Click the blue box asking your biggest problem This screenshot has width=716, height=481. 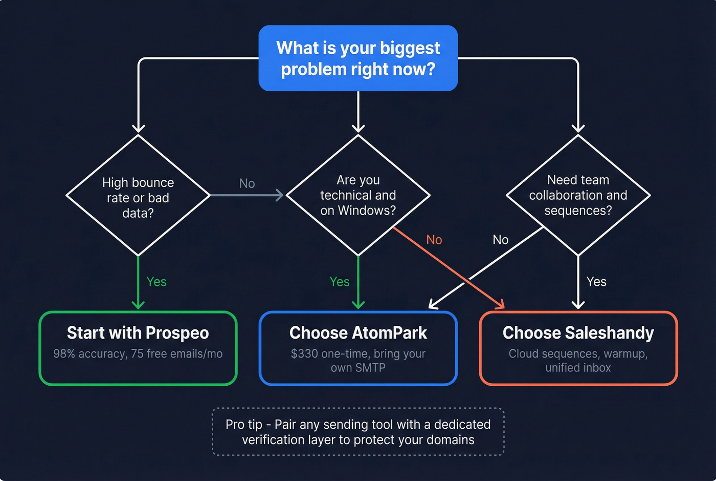(358, 58)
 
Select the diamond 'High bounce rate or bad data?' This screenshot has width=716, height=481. (138, 197)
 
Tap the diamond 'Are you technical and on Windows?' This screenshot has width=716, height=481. (358, 195)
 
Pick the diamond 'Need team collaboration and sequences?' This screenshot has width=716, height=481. (578, 195)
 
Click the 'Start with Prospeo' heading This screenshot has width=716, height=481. (138, 333)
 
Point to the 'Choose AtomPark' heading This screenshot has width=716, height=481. (358, 333)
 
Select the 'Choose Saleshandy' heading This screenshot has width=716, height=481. (578, 333)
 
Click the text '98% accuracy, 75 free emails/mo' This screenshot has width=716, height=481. (138, 354)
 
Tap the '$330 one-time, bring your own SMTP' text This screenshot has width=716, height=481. (358, 361)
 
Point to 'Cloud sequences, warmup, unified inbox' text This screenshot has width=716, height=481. (578, 361)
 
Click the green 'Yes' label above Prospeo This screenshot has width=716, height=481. (156, 282)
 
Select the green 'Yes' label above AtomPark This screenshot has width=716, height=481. (340, 282)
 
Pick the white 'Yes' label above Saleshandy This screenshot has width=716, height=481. (596, 282)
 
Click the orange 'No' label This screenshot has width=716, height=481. (434, 240)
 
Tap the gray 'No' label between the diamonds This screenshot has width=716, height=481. (247, 183)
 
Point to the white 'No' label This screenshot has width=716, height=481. (500, 240)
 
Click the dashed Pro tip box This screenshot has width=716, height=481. (358, 432)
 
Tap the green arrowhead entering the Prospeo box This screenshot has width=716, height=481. (138, 304)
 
